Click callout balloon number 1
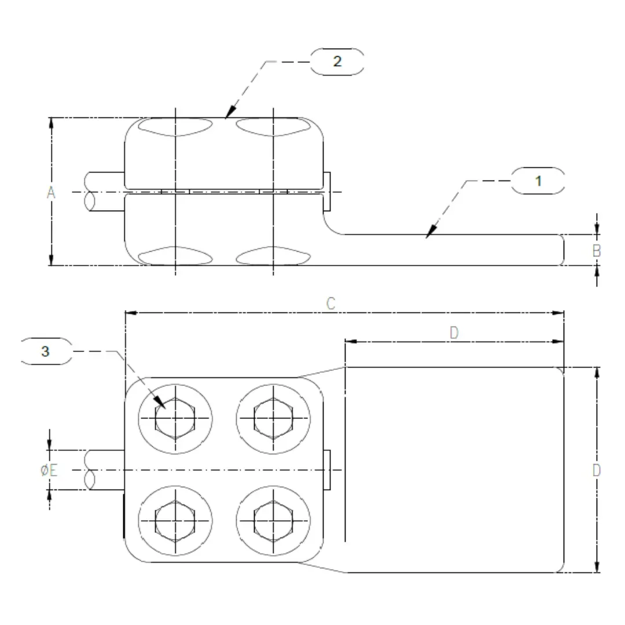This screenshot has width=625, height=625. click(538, 181)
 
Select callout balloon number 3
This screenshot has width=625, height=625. click(46, 351)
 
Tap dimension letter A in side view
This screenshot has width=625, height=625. click(51, 193)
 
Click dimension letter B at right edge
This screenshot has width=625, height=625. click(597, 251)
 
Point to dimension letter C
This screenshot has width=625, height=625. click(331, 303)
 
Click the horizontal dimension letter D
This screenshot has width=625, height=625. click(454, 332)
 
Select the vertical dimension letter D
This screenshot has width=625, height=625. click(597, 470)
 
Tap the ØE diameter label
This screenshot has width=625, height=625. click(49, 470)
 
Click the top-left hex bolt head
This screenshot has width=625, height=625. click(175, 418)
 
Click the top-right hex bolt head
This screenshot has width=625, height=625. click(273, 418)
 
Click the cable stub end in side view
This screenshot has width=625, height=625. click(90, 192)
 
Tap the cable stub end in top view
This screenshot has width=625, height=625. click(90, 470)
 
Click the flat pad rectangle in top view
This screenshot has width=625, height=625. click(454, 470)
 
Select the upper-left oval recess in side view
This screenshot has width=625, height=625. click(176, 127)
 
